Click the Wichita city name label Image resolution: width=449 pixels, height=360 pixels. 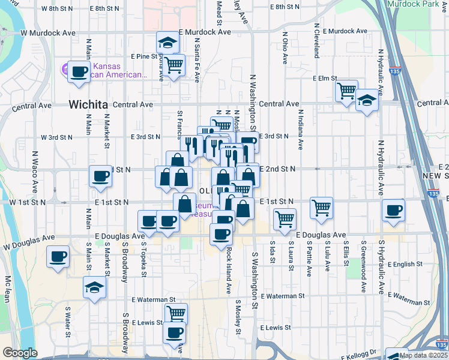coord(88,104)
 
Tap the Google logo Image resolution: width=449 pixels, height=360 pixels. coord(20,353)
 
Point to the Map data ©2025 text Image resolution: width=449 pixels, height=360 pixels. coord(423,355)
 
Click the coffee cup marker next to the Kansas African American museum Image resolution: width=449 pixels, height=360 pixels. coord(79,72)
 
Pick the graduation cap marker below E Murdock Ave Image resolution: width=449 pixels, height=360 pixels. coord(167,43)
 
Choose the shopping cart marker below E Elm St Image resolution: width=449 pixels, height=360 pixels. coord(346,91)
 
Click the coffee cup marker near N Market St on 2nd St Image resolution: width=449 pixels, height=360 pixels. coord(100,176)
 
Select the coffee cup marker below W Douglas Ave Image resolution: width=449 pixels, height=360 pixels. coord(58,257)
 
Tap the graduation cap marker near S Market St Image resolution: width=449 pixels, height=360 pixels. coord(94,287)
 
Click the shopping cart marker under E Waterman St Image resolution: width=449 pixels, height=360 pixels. coord(176,313)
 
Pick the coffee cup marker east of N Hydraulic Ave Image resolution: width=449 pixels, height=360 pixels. coord(394,210)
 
